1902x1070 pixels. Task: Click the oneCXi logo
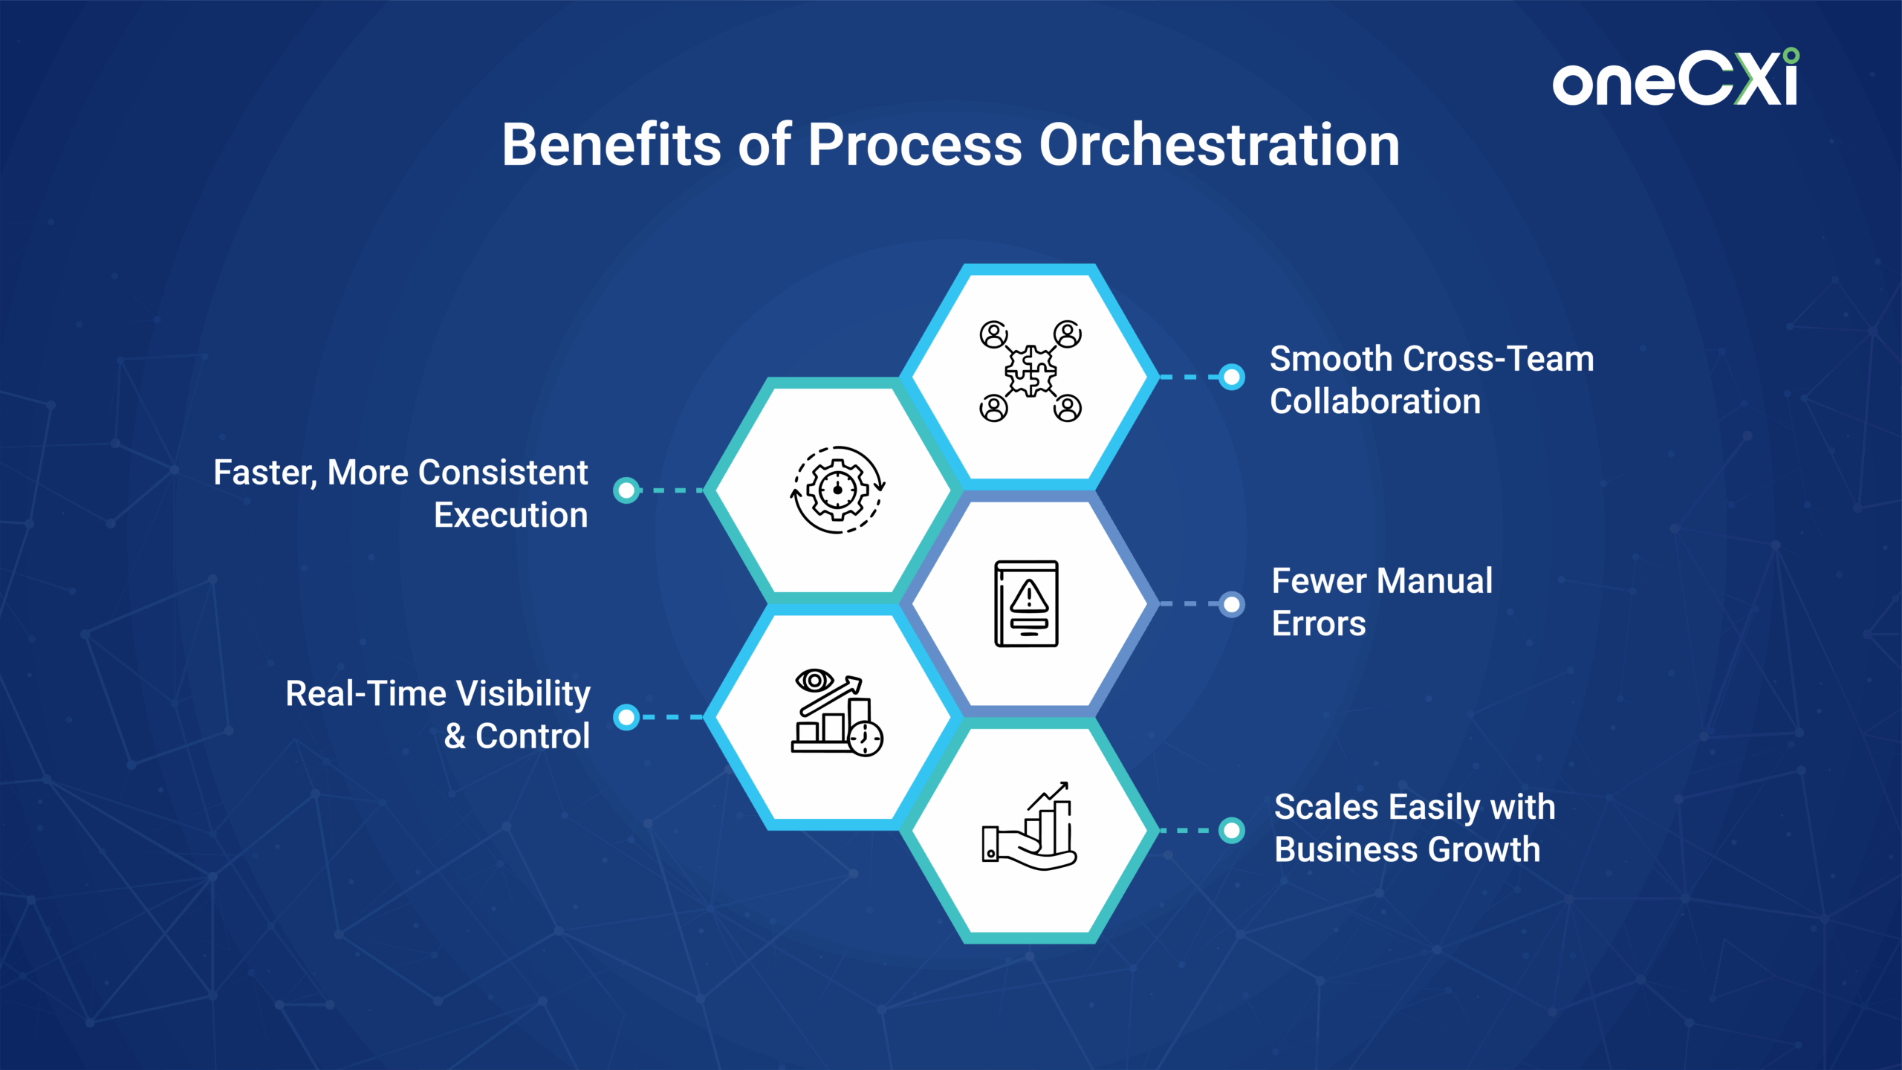[x=1675, y=78]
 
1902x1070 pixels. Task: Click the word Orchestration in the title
[x=1219, y=144]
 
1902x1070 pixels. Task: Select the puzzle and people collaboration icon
[x=1030, y=371]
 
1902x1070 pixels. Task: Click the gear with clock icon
[x=837, y=490]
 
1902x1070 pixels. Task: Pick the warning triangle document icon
[x=1027, y=604]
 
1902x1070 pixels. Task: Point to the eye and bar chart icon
[x=837, y=713]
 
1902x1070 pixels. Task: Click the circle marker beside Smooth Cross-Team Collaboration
[x=1232, y=377]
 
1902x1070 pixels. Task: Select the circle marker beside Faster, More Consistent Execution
[x=626, y=490]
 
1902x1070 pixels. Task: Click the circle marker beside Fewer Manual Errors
[x=1232, y=604]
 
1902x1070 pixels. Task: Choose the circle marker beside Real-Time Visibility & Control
[x=626, y=717]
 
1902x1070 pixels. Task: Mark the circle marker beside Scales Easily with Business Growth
[x=1232, y=830]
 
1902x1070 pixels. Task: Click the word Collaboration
[x=1375, y=401]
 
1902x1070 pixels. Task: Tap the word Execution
[x=510, y=515]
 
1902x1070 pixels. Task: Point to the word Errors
[x=1319, y=623]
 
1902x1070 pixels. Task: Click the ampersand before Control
[x=455, y=736]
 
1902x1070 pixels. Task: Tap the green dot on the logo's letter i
[x=1791, y=56]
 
